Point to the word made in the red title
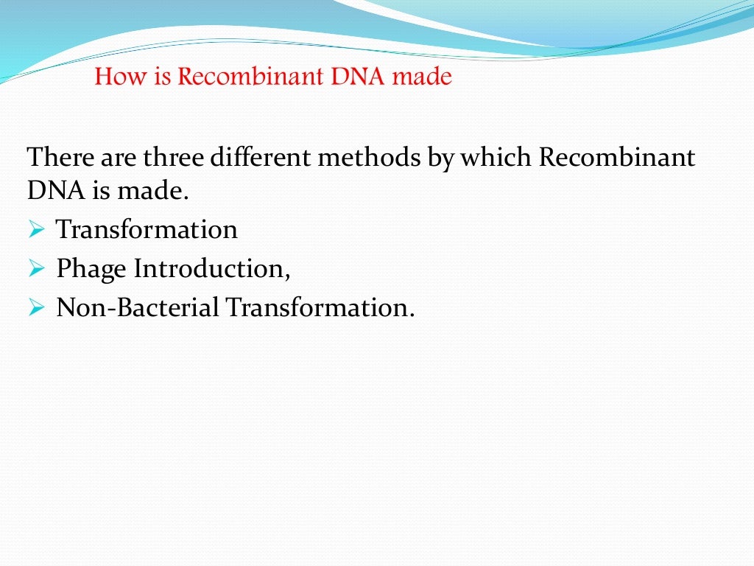click(x=422, y=77)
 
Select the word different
click(x=260, y=158)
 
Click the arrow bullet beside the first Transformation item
click(x=38, y=231)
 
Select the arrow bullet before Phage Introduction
click(x=38, y=270)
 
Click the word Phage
click(x=91, y=269)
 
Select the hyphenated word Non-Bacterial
click(x=138, y=307)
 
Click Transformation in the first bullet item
click(x=147, y=230)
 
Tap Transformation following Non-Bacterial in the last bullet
click(x=320, y=307)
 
